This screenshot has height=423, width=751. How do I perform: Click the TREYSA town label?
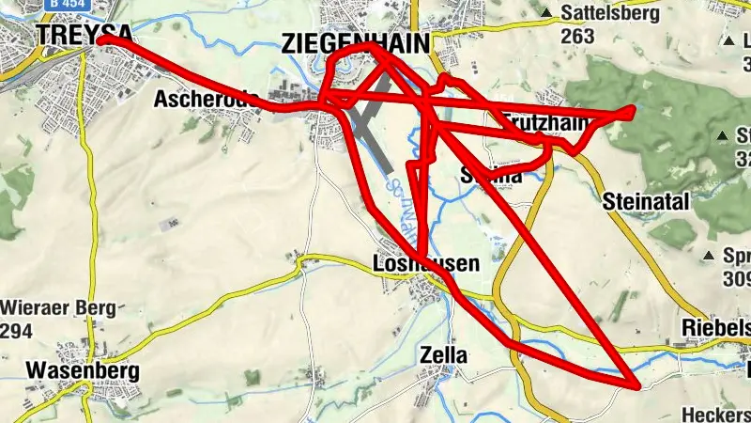tap(69, 33)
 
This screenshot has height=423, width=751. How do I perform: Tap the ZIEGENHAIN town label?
tap(356, 42)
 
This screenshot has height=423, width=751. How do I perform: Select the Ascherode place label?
tap(202, 99)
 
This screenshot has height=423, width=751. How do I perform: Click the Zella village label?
tap(444, 355)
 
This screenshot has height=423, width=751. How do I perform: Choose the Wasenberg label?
tap(83, 370)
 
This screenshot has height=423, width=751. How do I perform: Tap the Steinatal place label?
tap(648, 201)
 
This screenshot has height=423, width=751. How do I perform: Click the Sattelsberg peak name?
tap(610, 14)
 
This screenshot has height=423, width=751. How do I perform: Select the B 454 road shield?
tap(58, 4)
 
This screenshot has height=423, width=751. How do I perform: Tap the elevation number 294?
tap(19, 331)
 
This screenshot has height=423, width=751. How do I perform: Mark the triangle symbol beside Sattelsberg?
tap(547, 13)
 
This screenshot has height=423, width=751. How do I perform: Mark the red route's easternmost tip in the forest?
tap(634, 112)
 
